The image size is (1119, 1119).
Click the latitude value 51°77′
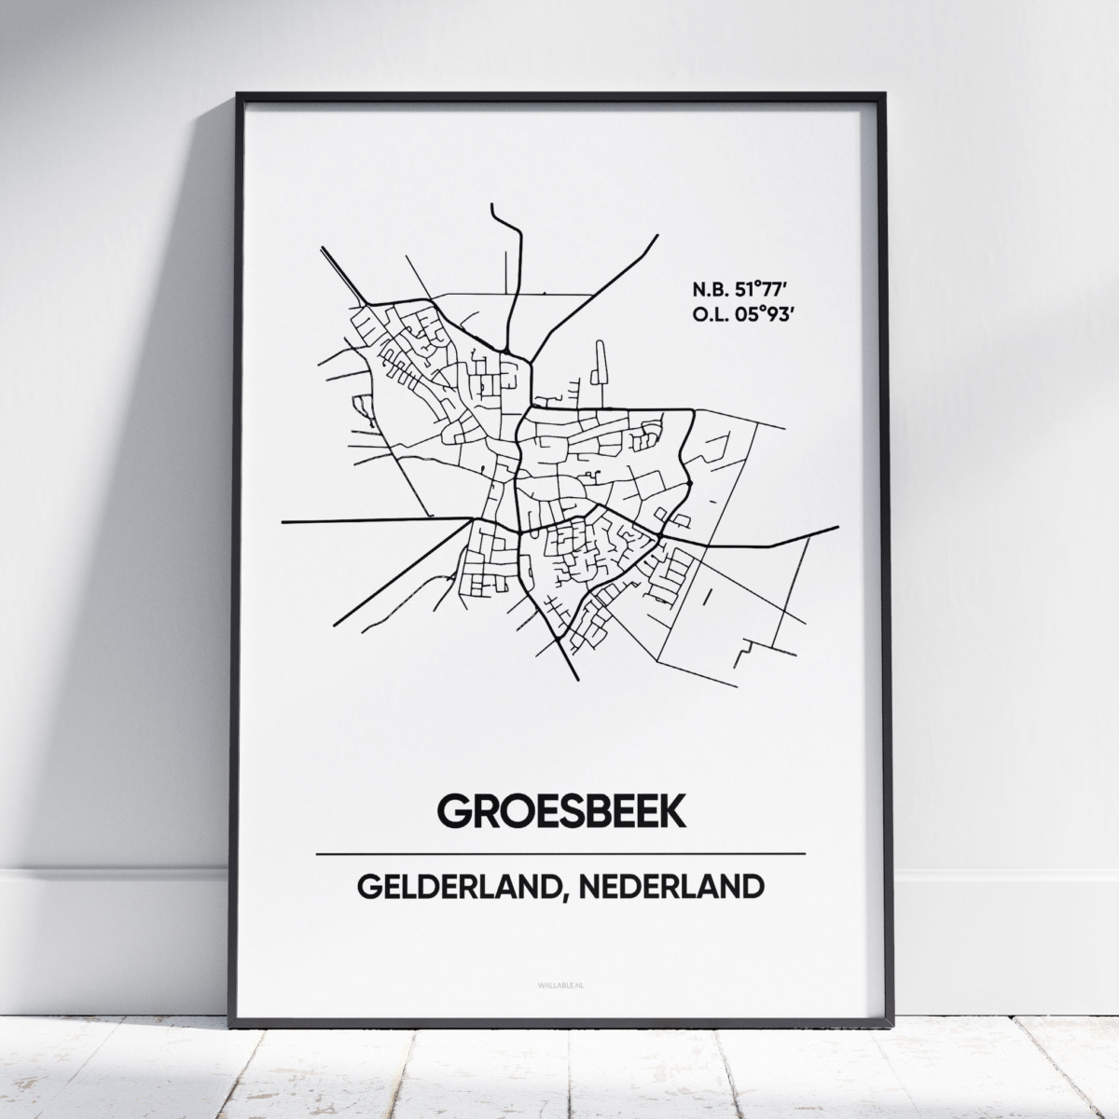point(760,287)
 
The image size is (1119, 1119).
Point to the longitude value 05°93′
point(760,315)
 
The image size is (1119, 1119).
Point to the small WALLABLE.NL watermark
point(560,974)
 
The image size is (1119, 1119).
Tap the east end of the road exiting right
point(838,528)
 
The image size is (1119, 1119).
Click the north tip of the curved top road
point(492,205)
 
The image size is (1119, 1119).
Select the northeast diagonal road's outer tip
point(657,236)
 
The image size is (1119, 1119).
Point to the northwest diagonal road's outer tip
point(322,249)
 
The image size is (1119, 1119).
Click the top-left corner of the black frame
point(239,95)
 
